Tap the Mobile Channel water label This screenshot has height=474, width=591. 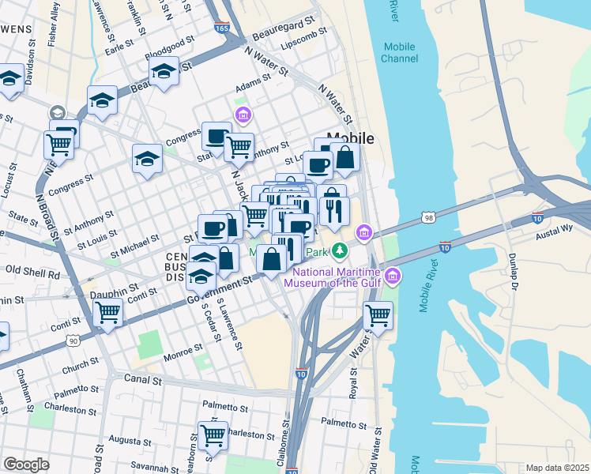(399, 53)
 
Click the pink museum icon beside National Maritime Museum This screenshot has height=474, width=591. (393, 276)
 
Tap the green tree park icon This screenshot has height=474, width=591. (340, 251)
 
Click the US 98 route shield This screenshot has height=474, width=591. (427, 216)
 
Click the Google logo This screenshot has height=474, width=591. (26, 464)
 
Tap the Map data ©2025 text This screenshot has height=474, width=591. (556, 468)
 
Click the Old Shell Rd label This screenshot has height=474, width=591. (32, 274)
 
